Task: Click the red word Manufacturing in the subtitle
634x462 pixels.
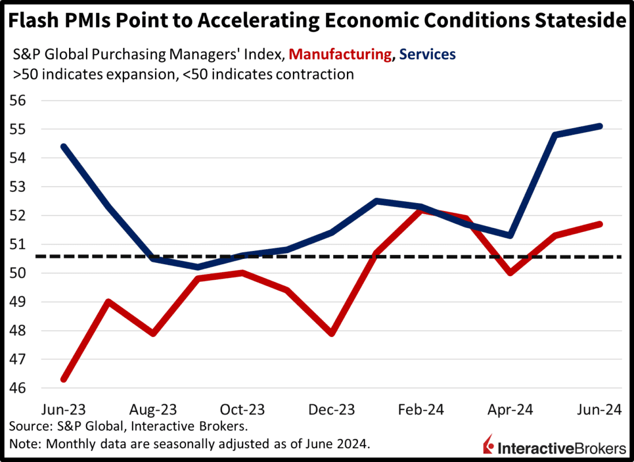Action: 340,54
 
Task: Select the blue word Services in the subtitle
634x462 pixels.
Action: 427,54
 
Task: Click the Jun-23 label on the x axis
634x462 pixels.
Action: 64,410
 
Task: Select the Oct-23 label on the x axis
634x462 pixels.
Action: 242,410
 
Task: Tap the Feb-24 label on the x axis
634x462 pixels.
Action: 421,410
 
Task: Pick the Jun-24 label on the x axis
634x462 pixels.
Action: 600,410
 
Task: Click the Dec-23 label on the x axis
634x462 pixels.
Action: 332,410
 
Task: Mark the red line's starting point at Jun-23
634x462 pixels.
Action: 65,379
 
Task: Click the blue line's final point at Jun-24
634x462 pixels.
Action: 600,126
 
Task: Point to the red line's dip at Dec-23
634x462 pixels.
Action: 333,333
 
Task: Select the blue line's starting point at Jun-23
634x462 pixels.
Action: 65,147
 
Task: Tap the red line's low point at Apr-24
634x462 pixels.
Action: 511,273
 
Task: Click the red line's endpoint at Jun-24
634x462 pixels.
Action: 600,224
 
